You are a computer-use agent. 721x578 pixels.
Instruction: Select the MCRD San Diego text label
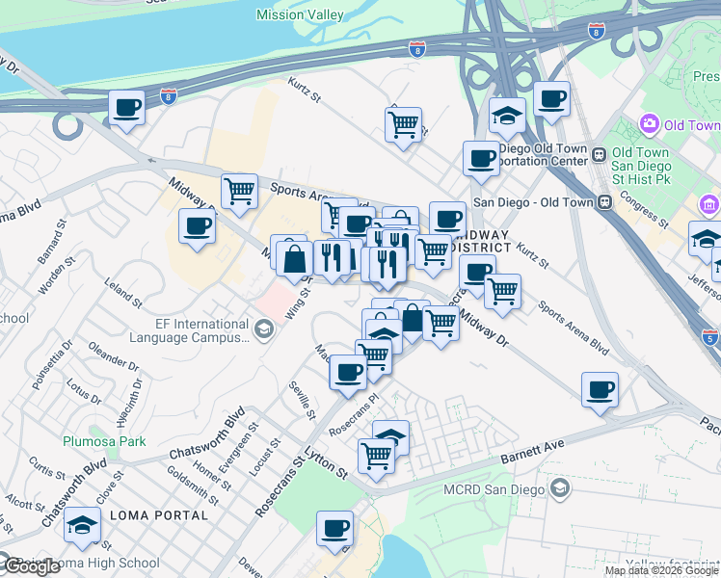494,488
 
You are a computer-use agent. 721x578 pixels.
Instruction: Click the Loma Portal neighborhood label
159,515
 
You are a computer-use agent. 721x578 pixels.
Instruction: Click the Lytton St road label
328,466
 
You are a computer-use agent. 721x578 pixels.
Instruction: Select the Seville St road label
302,399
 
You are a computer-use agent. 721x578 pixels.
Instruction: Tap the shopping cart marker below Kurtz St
403,123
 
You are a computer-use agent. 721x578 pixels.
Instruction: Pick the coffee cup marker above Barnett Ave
600,389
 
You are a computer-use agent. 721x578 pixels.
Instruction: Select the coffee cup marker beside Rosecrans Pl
348,372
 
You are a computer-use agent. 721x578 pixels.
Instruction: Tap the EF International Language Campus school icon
261,330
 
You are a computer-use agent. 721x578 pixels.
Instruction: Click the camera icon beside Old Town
649,125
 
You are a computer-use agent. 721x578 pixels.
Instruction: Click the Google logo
32,566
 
